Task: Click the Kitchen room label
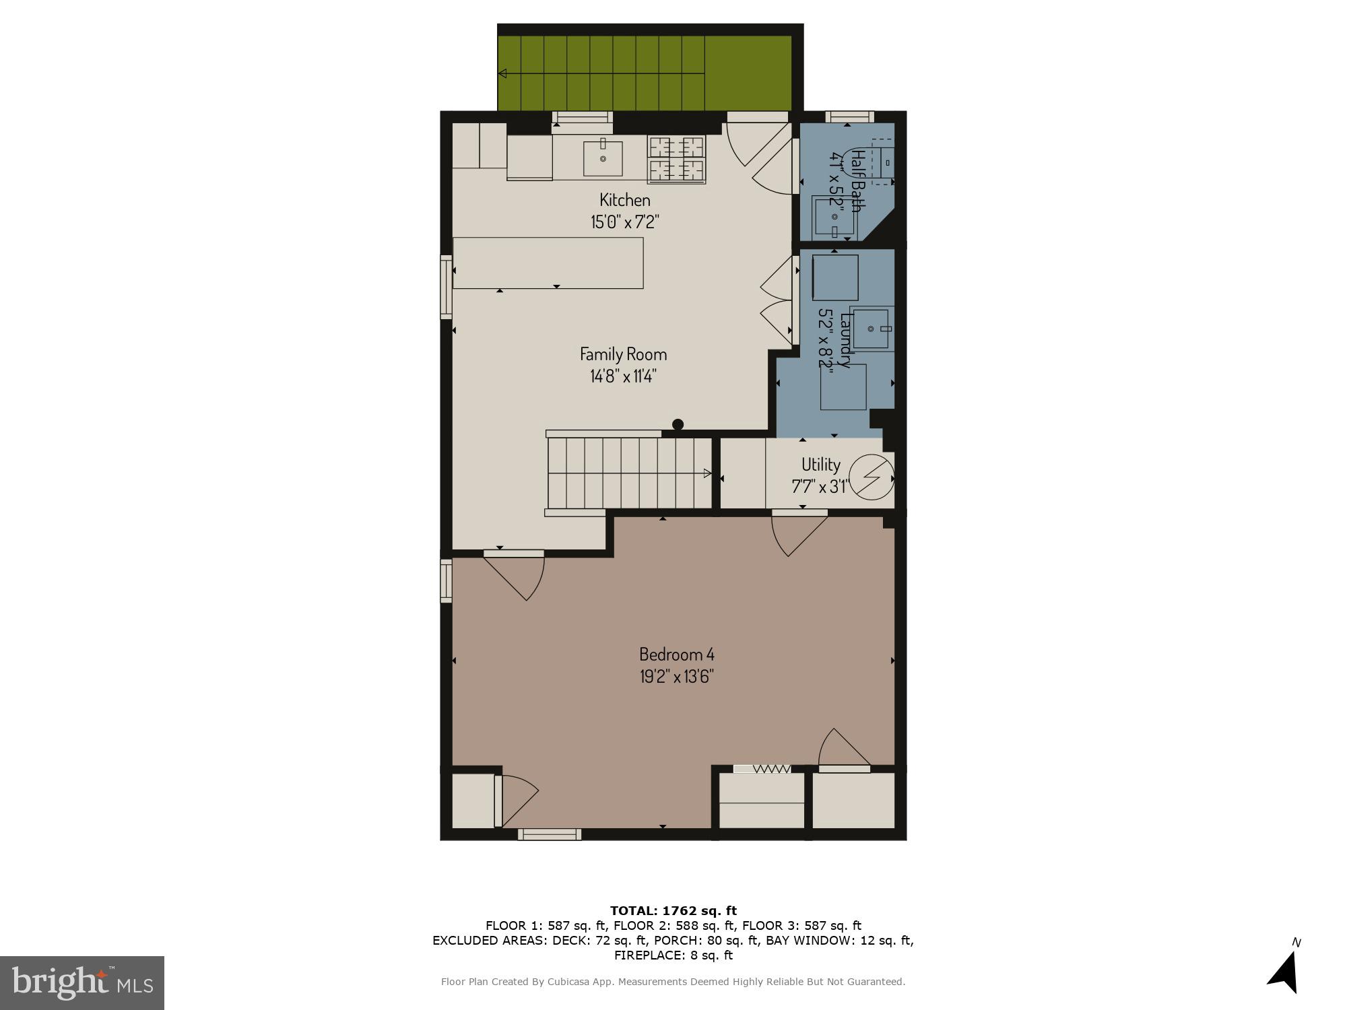click(625, 200)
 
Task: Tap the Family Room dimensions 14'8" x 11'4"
click(623, 376)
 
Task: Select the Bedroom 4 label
click(676, 654)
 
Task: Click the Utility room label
click(820, 465)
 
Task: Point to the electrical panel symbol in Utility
click(872, 477)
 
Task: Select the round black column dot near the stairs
click(678, 424)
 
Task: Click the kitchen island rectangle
click(548, 263)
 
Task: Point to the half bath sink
click(834, 217)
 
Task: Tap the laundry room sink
click(872, 329)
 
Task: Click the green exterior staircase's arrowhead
click(502, 73)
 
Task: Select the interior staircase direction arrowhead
click(707, 473)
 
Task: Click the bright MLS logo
click(81, 982)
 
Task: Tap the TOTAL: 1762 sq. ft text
click(673, 911)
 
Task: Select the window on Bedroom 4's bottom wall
click(549, 835)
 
